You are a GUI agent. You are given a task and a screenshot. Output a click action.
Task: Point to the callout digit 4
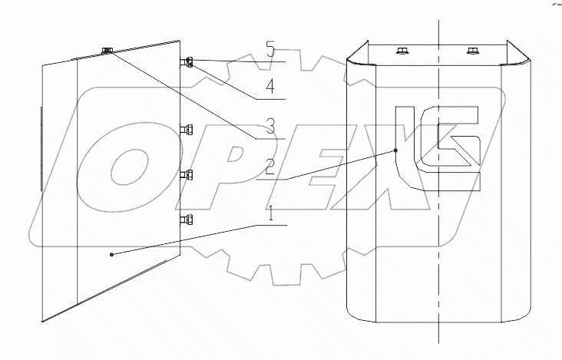coord(269,88)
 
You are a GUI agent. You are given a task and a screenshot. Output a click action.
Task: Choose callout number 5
coord(269,51)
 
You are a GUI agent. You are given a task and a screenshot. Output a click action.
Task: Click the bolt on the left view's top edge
coord(107,51)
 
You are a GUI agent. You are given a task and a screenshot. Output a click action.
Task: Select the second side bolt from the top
coord(187,128)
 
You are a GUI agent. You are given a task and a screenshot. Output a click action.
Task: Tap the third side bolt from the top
coord(187,175)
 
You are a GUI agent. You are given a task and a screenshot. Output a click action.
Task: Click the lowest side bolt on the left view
coord(187,220)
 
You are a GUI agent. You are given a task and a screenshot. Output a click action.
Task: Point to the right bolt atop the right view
coord(471,51)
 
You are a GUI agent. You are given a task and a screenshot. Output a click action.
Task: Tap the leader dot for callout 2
coord(396,150)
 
